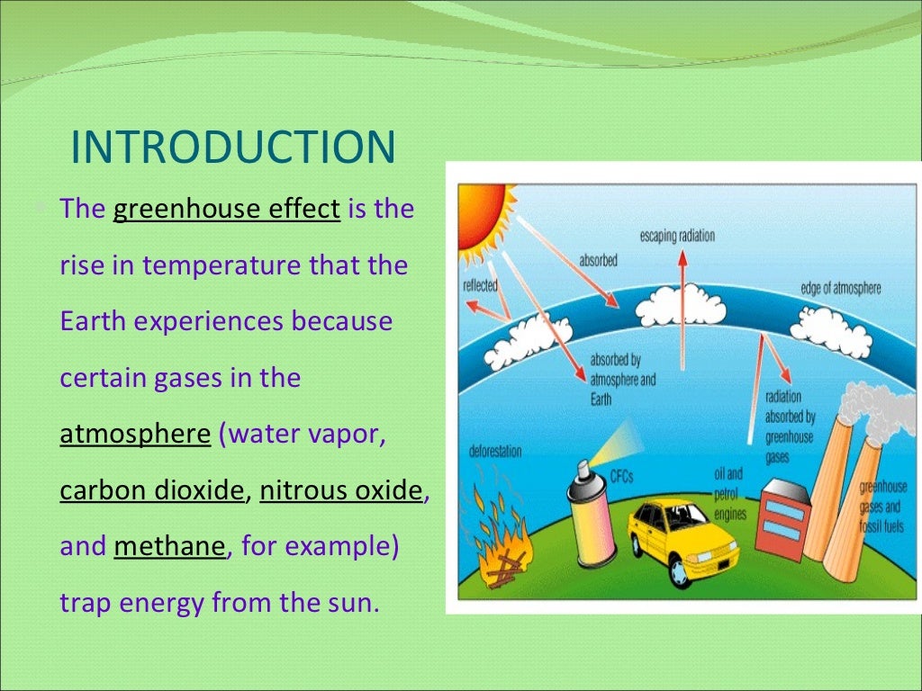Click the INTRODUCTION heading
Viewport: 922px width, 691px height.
(x=233, y=148)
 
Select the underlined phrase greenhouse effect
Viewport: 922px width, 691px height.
(x=226, y=210)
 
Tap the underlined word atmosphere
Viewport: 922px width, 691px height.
(x=135, y=434)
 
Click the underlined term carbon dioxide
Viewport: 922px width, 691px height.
(x=152, y=490)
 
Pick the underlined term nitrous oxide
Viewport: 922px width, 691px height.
(x=340, y=490)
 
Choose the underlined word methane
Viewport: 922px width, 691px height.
(x=169, y=546)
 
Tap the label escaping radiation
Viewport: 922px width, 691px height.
(x=677, y=236)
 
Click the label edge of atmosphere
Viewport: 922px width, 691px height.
(x=840, y=289)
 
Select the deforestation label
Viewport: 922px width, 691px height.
(x=494, y=451)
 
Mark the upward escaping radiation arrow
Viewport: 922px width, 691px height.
(x=682, y=288)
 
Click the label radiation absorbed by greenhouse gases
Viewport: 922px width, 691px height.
(x=790, y=426)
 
